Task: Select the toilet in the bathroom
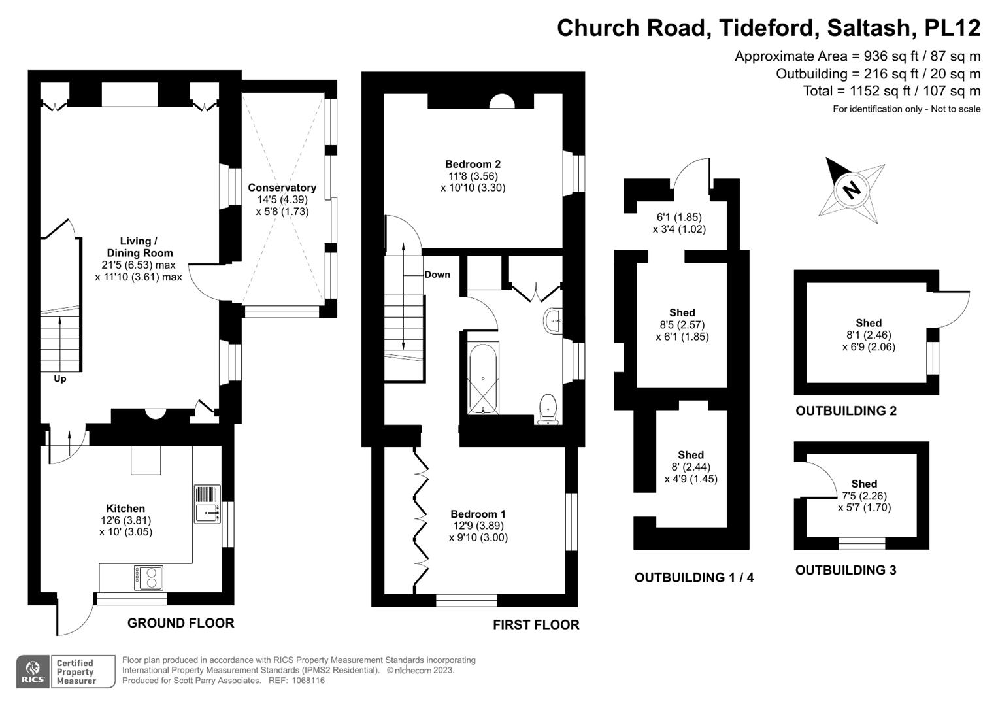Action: (x=547, y=409)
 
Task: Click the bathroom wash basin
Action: (x=553, y=321)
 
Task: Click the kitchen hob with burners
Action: (x=148, y=577)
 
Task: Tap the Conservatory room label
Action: (x=282, y=188)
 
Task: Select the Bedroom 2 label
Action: (x=473, y=164)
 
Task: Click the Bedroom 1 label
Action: (x=478, y=514)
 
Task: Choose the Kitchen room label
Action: (x=125, y=508)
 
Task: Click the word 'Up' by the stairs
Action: (x=59, y=378)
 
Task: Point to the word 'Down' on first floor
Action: (x=437, y=275)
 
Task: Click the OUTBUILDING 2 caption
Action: (x=846, y=411)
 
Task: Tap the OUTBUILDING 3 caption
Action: (x=845, y=570)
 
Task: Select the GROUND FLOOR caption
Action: (x=180, y=623)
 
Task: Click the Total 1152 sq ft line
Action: (x=891, y=91)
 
